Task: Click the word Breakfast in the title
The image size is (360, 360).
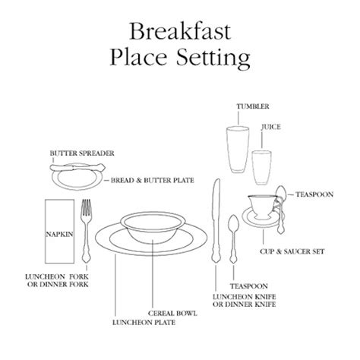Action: pyautogui.click(x=180, y=31)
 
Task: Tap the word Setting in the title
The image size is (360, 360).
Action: pyautogui.click(x=213, y=58)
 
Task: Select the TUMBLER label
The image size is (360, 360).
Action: pyautogui.click(x=253, y=106)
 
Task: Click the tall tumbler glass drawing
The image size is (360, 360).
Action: pyautogui.click(x=238, y=150)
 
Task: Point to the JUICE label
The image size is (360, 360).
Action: pyautogui.click(x=271, y=127)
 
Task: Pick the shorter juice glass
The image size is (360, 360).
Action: pyautogui.click(x=262, y=168)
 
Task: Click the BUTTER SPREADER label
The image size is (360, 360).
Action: pyautogui.click(x=82, y=153)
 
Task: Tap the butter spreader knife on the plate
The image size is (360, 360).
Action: pyautogui.click(x=77, y=167)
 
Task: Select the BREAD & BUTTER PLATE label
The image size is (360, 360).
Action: pyautogui.click(x=153, y=180)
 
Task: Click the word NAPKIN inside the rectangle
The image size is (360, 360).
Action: pyautogui.click(x=59, y=235)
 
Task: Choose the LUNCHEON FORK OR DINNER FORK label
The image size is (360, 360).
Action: pyautogui.click(x=57, y=280)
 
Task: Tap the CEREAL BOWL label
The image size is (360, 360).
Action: pyautogui.click(x=172, y=313)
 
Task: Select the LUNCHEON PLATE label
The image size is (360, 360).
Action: pyautogui.click(x=144, y=323)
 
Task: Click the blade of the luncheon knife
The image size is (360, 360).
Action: pyautogui.click(x=216, y=200)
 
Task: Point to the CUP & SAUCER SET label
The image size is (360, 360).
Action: pyautogui.click(x=292, y=251)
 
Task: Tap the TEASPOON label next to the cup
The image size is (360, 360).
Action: pyautogui.click(x=314, y=194)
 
